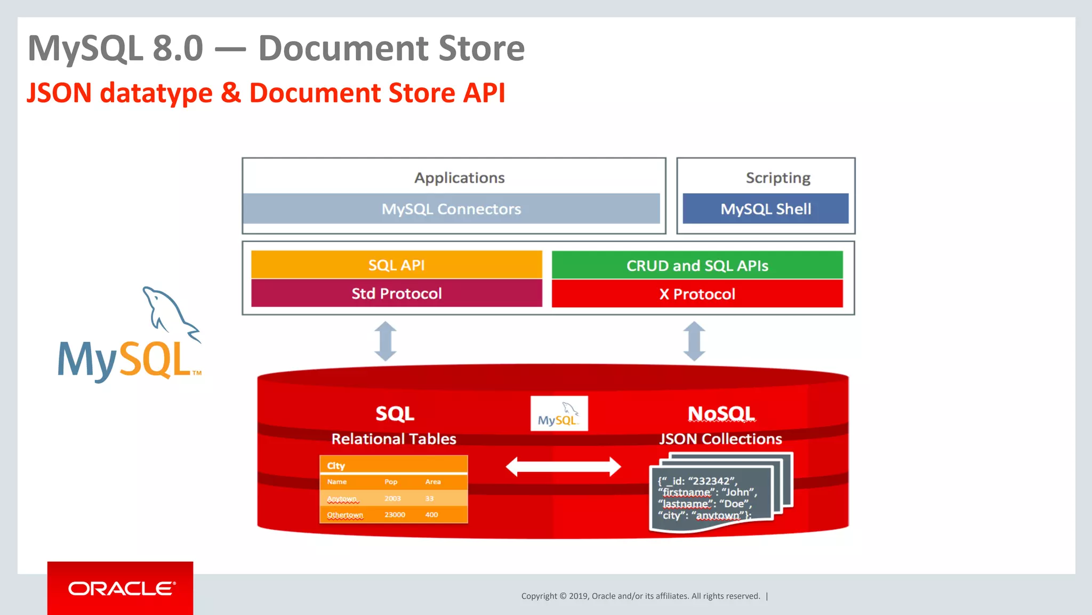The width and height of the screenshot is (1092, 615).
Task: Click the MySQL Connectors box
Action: point(451,209)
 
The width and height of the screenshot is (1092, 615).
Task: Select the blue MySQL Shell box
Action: point(765,209)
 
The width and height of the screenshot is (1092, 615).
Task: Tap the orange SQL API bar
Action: point(396,265)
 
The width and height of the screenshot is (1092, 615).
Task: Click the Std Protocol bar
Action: point(396,293)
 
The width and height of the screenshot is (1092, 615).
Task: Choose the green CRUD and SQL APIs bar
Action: point(697,265)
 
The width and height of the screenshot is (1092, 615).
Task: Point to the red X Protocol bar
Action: point(697,294)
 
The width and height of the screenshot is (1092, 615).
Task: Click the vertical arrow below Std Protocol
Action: point(386,341)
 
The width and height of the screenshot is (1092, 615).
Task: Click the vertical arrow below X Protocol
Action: point(694,341)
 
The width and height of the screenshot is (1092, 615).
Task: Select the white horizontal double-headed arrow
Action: point(563,467)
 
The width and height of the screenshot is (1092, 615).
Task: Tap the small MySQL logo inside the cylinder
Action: point(559,414)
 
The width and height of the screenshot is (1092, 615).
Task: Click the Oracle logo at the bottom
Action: point(121,588)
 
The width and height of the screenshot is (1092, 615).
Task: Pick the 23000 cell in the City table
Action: point(395,515)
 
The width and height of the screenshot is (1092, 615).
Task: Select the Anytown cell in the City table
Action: point(342,499)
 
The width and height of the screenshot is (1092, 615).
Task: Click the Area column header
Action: point(433,482)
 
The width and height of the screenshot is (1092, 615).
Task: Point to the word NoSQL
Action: point(721,414)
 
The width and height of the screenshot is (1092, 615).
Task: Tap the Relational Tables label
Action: point(394,439)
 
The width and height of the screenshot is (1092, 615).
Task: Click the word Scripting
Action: point(777,178)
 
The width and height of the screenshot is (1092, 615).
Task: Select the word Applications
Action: point(459,178)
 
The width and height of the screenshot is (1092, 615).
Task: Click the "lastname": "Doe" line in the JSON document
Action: point(704,504)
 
